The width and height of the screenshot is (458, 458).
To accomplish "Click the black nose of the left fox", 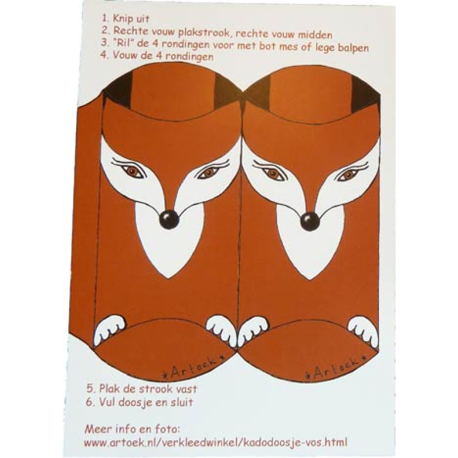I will tap(169, 219).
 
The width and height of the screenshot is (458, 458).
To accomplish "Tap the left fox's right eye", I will tap(208, 172).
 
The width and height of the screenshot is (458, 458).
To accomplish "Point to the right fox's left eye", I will tap(273, 173).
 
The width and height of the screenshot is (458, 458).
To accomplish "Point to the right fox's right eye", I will tap(348, 174).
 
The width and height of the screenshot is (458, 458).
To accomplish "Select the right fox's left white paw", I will tap(252, 329).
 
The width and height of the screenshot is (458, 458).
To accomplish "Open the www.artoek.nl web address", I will tap(215, 442).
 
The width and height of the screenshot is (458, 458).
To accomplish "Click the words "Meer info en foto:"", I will tap(132, 428).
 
